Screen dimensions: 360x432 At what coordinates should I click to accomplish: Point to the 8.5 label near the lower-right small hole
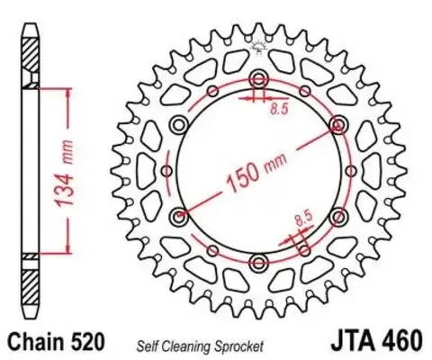(303, 217)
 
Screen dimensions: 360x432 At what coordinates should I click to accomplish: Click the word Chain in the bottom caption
(31, 342)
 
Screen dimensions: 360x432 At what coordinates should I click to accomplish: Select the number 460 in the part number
(399, 342)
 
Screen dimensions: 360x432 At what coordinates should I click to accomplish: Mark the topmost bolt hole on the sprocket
(259, 77)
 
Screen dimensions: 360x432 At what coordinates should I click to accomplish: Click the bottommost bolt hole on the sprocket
(259, 262)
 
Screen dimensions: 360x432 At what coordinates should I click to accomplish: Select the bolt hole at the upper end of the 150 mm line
(338, 123)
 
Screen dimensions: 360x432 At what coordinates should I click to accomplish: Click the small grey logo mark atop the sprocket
(261, 45)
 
